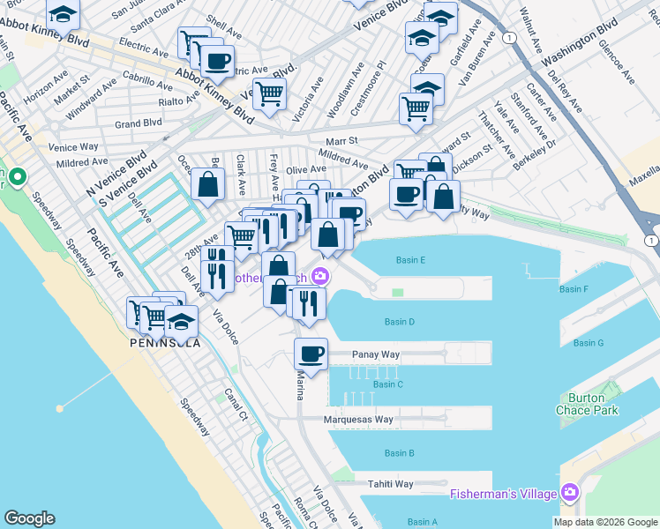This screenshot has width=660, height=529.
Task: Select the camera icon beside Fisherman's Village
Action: (x=570, y=491)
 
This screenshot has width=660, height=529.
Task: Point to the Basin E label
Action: (x=410, y=260)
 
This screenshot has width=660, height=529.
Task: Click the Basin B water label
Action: (x=399, y=453)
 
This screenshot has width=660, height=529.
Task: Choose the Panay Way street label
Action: (x=377, y=354)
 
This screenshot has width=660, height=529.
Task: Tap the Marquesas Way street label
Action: (x=357, y=420)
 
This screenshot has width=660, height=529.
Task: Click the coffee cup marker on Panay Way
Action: (x=311, y=354)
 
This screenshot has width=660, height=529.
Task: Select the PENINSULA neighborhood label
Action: (x=164, y=342)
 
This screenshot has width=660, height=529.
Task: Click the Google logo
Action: (x=28, y=518)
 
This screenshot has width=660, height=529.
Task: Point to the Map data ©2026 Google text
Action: (x=605, y=522)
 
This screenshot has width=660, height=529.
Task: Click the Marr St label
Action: (x=341, y=140)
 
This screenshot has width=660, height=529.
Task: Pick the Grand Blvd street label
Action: (x=139, y=124)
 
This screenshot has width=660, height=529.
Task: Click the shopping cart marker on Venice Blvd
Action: (x=270, y=92)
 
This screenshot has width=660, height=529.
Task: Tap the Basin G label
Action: (x=588, y=343)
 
